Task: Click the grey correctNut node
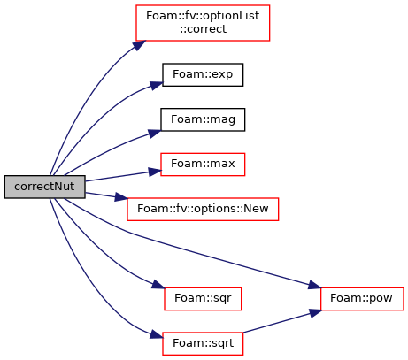tap(45, 187)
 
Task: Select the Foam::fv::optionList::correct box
tap(203, 23)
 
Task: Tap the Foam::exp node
tap(203, 74)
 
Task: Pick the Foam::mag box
tap(203, 119)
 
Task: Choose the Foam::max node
tap(203, 165)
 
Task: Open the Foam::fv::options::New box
tap(203, 210)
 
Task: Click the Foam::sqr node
tap(203, 299)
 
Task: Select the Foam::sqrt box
tap(203, 343)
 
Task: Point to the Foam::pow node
tap(362, 299)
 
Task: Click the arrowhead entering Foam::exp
tap(157, 85)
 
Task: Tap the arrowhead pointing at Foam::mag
tap(155, 134)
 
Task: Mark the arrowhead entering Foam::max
tap(155, 172)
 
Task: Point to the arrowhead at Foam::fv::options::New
tap(121, 197)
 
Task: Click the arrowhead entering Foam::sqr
tap(158, 285)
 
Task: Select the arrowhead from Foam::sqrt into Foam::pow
tap(315, 312)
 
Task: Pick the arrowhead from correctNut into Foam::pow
tap(314, 286)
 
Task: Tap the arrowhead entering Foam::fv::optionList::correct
tap(139, 45)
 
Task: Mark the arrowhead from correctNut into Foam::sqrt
tap(157, 334)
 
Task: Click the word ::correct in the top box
tap(204, 29)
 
